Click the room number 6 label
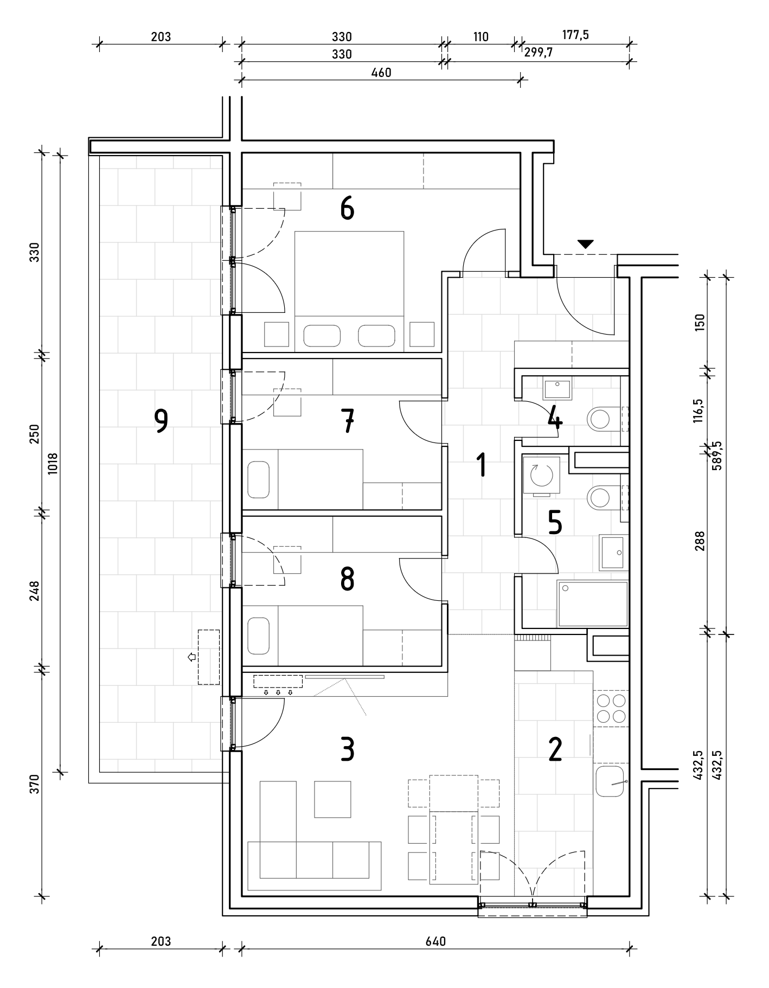[347, 208]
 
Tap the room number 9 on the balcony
[161, 421]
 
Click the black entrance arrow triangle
[585, 244]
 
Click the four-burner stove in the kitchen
[611, 709]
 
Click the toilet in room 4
[603, 418]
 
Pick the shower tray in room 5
[593, 604]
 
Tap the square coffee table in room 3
[332, 799]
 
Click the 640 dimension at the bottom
[435, 941]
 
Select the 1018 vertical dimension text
[53, 464]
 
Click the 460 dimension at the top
[381, 73]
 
